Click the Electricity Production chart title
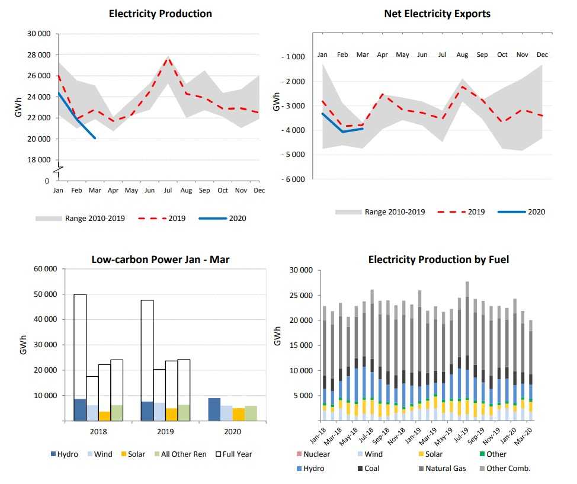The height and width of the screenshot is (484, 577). [160, 14]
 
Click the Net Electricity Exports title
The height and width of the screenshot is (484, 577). [437, 14]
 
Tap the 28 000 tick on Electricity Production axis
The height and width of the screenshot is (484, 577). [39, 55]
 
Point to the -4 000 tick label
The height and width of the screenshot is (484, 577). [293, 130]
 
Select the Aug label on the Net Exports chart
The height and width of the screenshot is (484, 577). [462, 55]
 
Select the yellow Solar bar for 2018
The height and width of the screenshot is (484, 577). [104, 416]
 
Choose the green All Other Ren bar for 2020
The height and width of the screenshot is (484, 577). [251, 413]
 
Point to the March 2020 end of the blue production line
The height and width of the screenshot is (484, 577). [95, 138]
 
